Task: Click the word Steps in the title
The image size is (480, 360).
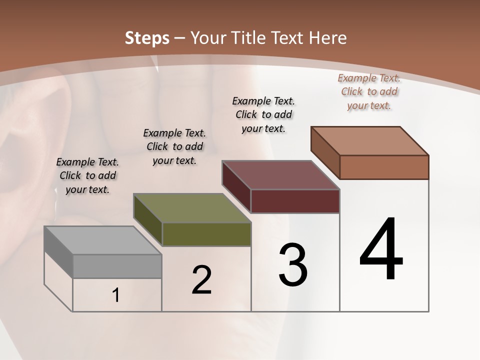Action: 147,38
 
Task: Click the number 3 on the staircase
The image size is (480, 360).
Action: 293,265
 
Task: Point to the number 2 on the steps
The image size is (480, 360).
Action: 201,280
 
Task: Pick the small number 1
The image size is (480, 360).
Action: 116,295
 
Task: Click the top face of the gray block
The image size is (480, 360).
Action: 102,240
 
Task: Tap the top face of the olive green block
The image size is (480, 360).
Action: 192,208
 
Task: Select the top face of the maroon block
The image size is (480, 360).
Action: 280,175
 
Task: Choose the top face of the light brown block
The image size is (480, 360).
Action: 369,140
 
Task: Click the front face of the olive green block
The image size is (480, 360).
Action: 206,234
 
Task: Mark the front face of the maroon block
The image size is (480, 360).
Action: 295,201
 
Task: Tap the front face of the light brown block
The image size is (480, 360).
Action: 384,167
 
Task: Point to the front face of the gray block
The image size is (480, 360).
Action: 117,266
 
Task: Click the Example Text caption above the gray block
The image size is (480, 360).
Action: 87,175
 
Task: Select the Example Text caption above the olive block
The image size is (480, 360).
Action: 174,146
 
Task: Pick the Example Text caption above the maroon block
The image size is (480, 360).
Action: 263,114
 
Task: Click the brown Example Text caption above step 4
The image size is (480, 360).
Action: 369,91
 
